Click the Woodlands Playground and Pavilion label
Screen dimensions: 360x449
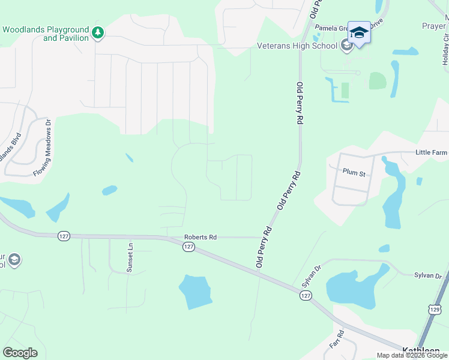[46, 34]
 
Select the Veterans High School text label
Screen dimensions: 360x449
[297, 45]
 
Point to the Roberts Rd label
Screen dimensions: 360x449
[200, 237]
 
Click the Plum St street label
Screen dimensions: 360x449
[354, 172]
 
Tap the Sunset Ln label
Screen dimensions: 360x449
[129, 259]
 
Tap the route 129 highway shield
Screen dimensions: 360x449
[435, 308]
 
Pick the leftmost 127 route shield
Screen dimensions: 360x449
[64, 236]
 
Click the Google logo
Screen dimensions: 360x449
[20, 352]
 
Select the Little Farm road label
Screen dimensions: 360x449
[432, 152]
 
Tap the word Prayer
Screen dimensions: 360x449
[434, 26]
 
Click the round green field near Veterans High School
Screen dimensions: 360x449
[377, 81]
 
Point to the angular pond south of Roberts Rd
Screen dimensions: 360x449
[195, 292]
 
